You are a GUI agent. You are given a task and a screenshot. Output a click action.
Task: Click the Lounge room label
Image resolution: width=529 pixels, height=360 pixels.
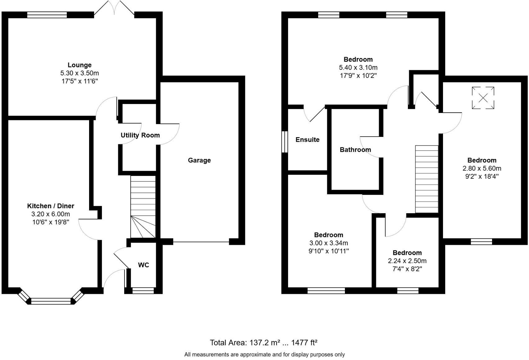[x=79, y=65]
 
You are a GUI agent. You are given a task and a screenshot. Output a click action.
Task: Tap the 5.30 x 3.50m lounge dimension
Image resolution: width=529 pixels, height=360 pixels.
[x=79, y=73]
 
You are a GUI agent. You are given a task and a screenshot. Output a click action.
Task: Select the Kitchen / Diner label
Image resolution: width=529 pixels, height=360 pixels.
[x=51, y=206]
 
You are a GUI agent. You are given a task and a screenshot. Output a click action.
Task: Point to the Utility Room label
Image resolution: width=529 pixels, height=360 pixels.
[x=140, y=135]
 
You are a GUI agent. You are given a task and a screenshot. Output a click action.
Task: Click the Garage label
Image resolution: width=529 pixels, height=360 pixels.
[x=199, y=160]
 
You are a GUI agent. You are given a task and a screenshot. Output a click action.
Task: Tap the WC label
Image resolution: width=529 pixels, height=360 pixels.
[x=143, y=265]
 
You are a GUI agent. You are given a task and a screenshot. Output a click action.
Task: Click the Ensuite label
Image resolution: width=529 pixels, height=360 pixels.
[x=307, y=140]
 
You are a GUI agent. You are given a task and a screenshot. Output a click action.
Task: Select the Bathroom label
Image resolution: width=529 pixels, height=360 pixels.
[x=355, y=150]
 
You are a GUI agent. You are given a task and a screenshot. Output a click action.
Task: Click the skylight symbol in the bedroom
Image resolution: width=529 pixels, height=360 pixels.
[x=483, y=98]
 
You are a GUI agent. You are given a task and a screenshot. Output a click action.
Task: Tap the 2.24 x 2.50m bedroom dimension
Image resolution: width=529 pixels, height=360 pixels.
[x=407, y=261]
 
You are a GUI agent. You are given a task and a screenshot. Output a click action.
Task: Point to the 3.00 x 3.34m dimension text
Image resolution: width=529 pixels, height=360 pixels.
[x=328, y=243]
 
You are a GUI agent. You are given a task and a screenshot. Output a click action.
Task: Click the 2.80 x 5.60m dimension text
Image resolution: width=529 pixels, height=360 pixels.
[x=482, y=168]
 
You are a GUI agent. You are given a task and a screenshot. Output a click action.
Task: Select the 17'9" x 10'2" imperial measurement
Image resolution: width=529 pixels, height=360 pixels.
[x=358, y=75]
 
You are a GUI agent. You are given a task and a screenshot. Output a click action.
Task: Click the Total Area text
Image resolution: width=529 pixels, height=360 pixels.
[x=263, y=343]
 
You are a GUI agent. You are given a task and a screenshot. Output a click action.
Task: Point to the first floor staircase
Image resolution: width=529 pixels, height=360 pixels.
[x=427, y=179]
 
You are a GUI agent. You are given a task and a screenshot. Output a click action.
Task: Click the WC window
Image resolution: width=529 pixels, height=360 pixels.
[x=143, y=290]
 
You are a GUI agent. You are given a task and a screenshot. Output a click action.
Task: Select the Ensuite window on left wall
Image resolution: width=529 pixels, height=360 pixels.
[x=284, y=142]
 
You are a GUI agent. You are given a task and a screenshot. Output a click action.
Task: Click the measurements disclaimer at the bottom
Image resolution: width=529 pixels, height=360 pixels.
[x=264, y=354]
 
